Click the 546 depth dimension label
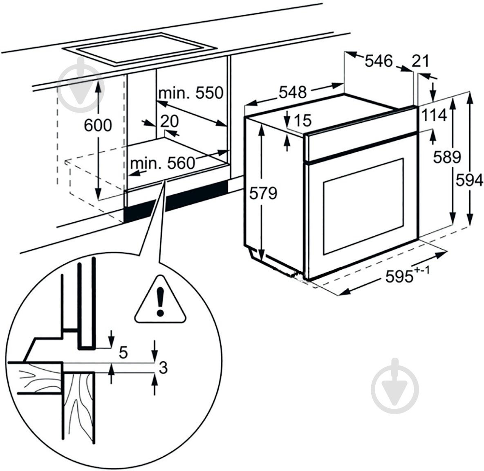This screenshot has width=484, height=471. (x=378, y=61)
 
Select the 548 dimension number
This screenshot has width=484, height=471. (x=293, y=92)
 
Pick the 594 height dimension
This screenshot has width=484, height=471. (x=469, y=180)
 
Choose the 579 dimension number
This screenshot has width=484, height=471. (x=263, y=193)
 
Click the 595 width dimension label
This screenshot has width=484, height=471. (x=403, y=277)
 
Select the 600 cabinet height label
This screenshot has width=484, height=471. (x=98, y=125)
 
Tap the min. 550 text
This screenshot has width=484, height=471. (x=190, y=93)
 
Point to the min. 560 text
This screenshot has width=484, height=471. (x=162, y=164)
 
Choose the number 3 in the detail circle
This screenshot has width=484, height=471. (x=163, y=368)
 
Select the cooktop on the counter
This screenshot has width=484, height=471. (x=139, y=51)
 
